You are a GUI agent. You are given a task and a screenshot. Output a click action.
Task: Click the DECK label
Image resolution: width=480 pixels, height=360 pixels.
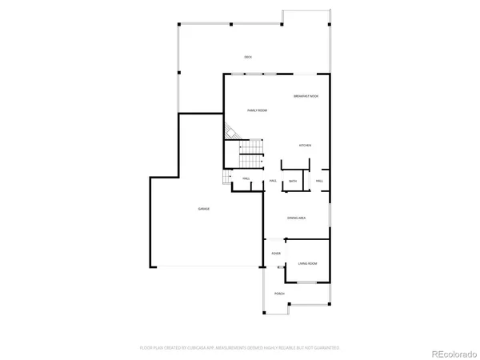248,57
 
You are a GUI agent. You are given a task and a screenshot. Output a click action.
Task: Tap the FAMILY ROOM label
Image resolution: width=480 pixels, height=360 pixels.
257,110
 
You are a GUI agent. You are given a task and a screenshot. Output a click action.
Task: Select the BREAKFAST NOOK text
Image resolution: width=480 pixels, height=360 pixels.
306,96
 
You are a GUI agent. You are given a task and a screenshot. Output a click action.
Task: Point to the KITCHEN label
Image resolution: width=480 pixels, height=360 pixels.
305,146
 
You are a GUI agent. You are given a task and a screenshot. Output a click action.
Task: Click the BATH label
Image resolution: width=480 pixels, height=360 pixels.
293,182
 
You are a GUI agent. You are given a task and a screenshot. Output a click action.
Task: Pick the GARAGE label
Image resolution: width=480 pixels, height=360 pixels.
204,209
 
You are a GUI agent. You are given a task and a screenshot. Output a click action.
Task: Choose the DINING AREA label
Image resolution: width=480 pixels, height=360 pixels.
297,217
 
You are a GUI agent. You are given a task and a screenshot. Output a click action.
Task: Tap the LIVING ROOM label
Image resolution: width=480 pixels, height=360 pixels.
307,263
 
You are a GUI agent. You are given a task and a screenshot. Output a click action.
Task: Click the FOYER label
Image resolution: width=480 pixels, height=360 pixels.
276,254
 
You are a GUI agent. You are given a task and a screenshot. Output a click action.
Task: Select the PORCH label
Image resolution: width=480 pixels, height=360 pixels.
279,294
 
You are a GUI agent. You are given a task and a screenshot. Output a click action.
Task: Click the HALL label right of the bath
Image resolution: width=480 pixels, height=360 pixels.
318,182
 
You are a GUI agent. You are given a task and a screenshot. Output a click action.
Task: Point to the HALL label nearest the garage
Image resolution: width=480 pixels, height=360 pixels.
246,179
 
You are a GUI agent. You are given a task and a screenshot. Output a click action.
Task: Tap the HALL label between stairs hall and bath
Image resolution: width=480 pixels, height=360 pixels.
273,182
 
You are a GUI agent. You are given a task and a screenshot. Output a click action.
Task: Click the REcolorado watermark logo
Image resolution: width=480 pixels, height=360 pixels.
452,353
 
